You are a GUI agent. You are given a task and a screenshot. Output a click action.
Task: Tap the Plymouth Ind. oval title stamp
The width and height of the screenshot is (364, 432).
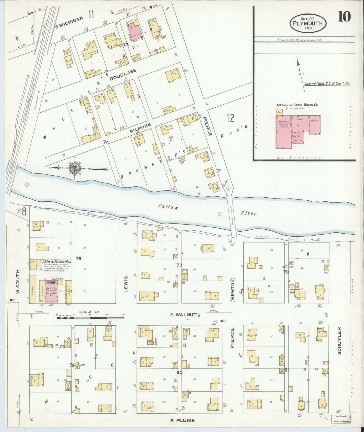coord(308,22)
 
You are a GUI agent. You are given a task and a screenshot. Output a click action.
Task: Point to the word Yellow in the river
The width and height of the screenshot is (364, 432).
coord(168,207)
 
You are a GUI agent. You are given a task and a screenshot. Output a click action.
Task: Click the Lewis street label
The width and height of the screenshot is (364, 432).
coord(126,284)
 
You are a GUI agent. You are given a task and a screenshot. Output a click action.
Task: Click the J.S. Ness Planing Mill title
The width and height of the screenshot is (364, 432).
coord(54,262)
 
